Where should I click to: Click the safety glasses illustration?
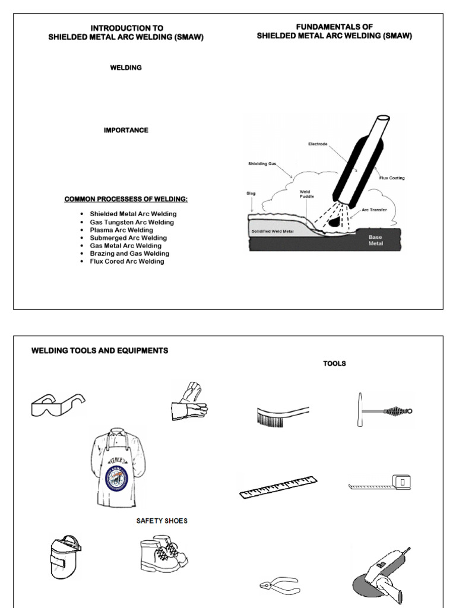tap(58, 405)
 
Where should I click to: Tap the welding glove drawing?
tap(189, 402)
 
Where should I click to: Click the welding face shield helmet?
tap(64, 556)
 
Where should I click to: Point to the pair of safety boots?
tap(163, 556)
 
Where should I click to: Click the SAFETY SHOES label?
tap(161, 521)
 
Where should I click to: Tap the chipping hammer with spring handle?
tap(384, 410)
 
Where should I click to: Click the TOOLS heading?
tap(334, 363)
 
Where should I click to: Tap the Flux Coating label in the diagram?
tap(392, 178)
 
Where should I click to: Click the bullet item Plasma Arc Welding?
tap(121, 230)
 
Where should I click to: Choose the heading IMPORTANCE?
tap(126, 130)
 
